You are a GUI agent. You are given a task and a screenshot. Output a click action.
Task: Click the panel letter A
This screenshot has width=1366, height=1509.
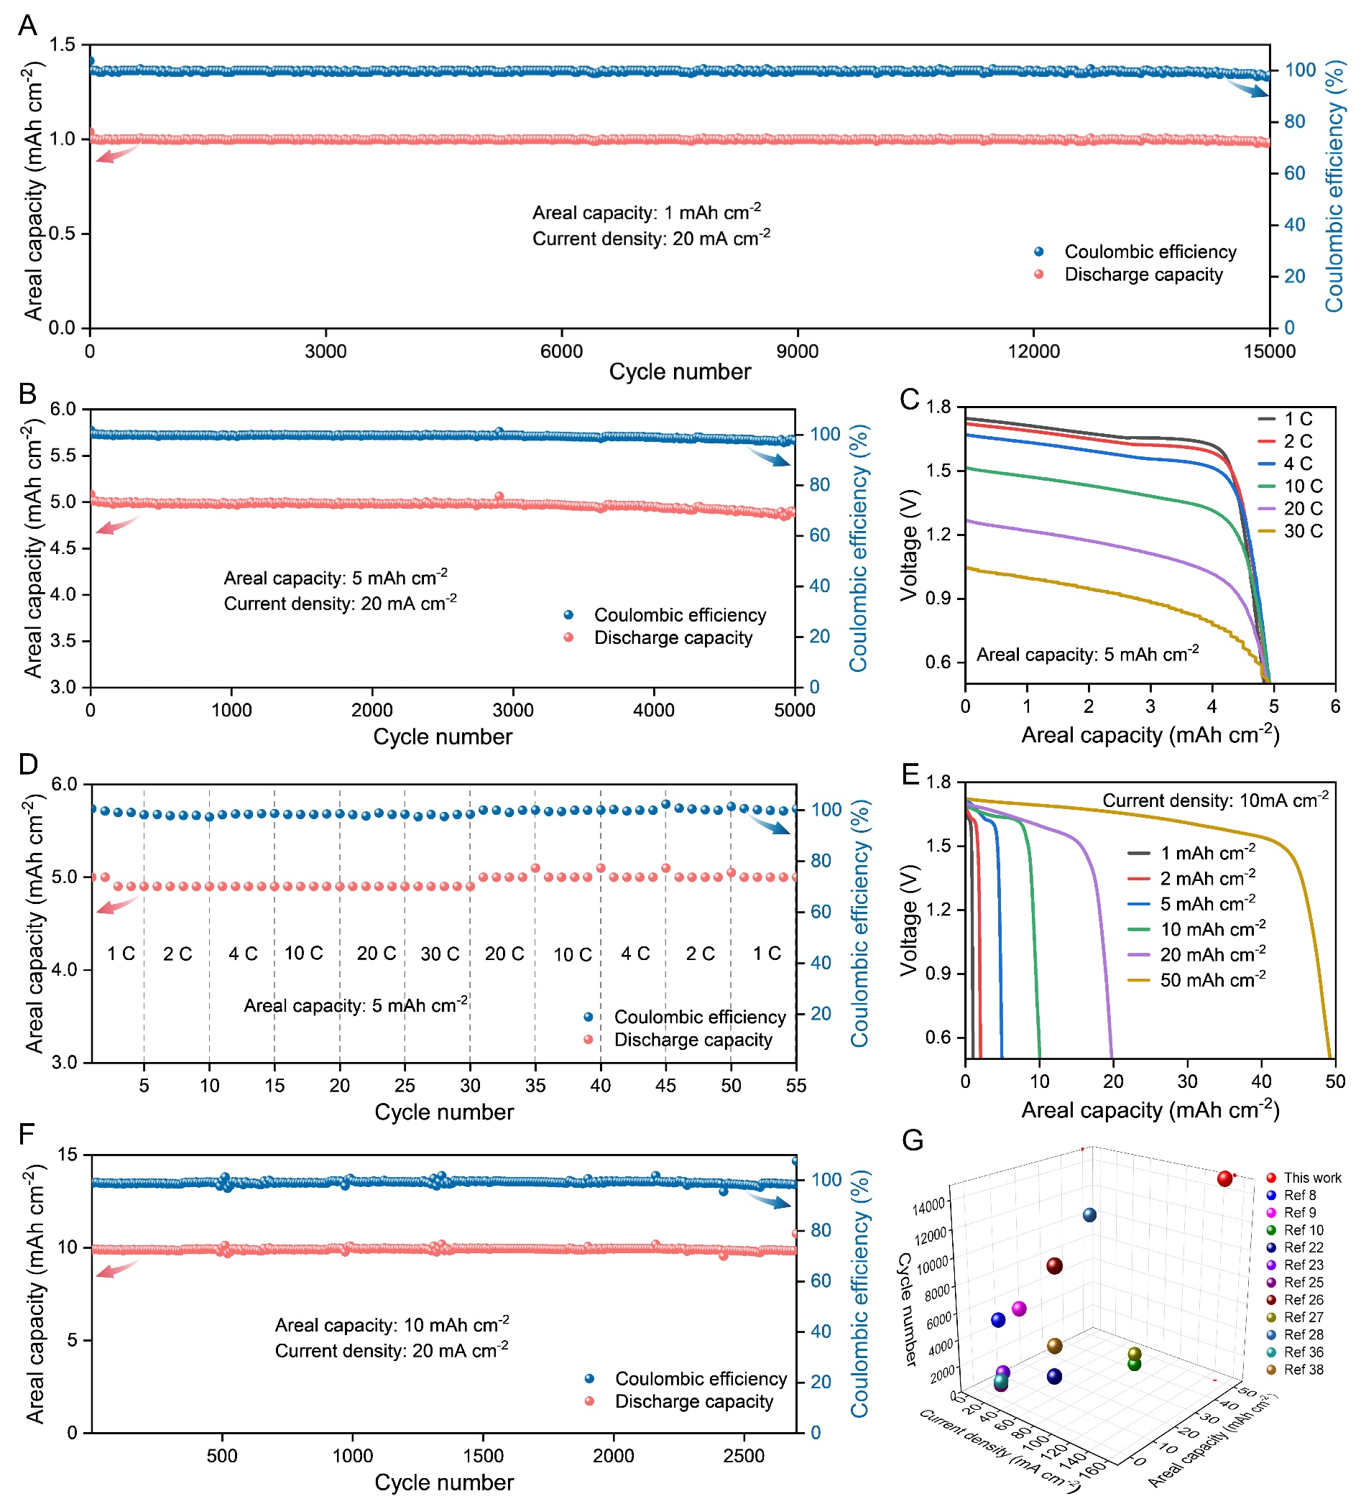28,25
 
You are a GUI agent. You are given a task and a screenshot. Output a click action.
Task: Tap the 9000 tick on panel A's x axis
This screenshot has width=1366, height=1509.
797,351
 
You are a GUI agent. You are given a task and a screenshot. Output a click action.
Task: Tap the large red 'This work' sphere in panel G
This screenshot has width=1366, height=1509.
1224,1179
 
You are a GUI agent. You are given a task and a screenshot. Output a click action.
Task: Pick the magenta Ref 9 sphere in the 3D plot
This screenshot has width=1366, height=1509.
1019,1309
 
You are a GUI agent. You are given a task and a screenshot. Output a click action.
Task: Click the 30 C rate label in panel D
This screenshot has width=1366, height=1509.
440,954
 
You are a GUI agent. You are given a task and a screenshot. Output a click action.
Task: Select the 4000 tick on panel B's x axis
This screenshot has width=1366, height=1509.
653,710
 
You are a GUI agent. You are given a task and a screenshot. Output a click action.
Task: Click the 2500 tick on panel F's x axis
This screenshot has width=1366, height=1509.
744,1455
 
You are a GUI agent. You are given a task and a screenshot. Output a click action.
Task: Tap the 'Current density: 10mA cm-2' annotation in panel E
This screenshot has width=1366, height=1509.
1215,800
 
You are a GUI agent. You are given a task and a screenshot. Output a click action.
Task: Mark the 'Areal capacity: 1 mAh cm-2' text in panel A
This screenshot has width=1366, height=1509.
647,213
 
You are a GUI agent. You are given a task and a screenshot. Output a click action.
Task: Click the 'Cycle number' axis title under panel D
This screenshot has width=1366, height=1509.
444,1112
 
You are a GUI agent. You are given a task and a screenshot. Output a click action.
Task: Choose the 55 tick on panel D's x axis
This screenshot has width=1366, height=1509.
796,1085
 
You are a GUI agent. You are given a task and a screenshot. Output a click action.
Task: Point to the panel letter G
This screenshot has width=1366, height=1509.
913,1141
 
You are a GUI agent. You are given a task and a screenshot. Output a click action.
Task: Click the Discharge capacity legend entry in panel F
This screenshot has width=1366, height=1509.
693,1401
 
